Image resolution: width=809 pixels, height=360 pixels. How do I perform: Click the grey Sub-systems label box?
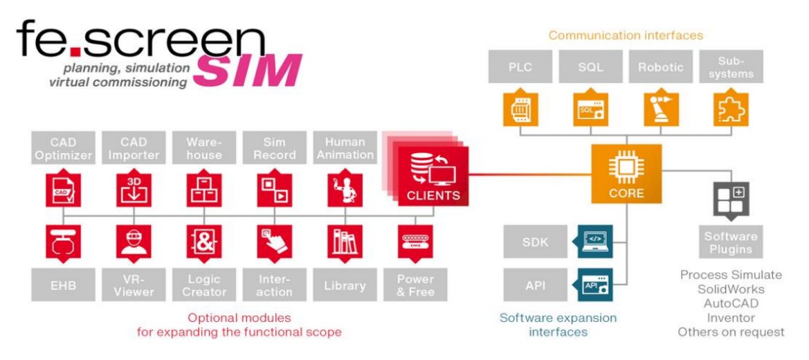(731, 67)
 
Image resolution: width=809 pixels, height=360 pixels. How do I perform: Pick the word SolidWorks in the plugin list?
(731, 289)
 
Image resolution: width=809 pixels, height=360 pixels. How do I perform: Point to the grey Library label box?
(345, 285)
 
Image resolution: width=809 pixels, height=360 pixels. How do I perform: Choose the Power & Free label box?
(415, 285)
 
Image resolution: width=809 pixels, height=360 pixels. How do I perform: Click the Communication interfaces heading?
(625, 35)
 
